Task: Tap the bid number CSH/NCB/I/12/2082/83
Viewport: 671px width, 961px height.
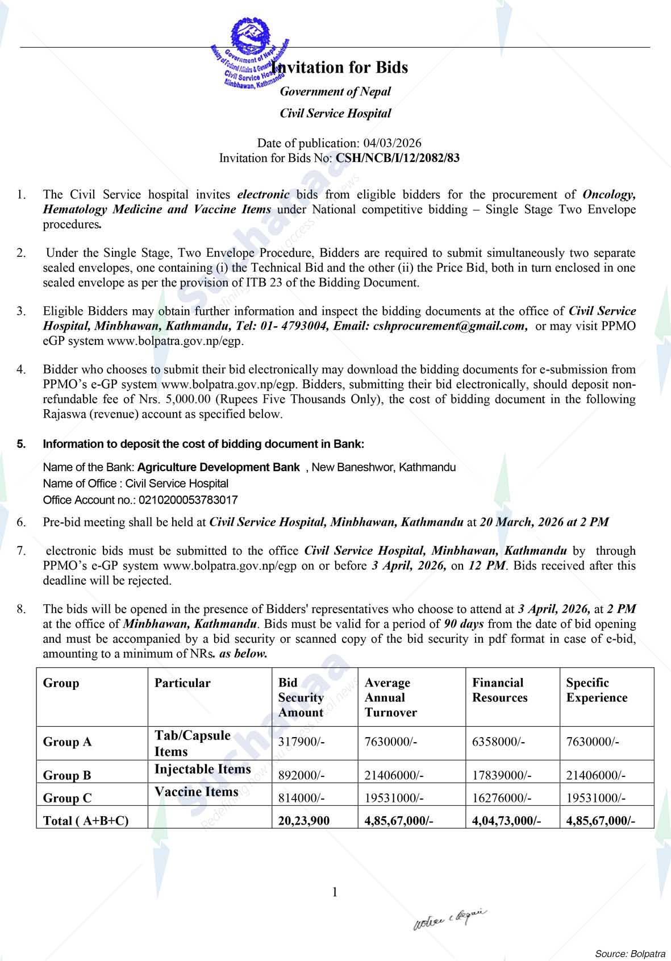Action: click(x=398, y=158)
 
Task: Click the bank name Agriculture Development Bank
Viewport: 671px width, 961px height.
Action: click(x=218, y=467)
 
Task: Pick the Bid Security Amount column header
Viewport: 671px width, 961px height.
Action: click(x=301, y=697)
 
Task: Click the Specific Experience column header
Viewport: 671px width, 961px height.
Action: click(x=597, y=690)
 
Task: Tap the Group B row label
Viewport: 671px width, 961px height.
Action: click(x=67, y=775)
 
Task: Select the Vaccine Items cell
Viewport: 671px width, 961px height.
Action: click(x=197, y=792)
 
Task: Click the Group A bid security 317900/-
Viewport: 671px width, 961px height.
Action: click(x=302, y=742)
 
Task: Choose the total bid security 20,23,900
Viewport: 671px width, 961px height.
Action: click(x=304, y=820)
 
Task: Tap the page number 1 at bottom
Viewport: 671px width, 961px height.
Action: click(x=335, y=892)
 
